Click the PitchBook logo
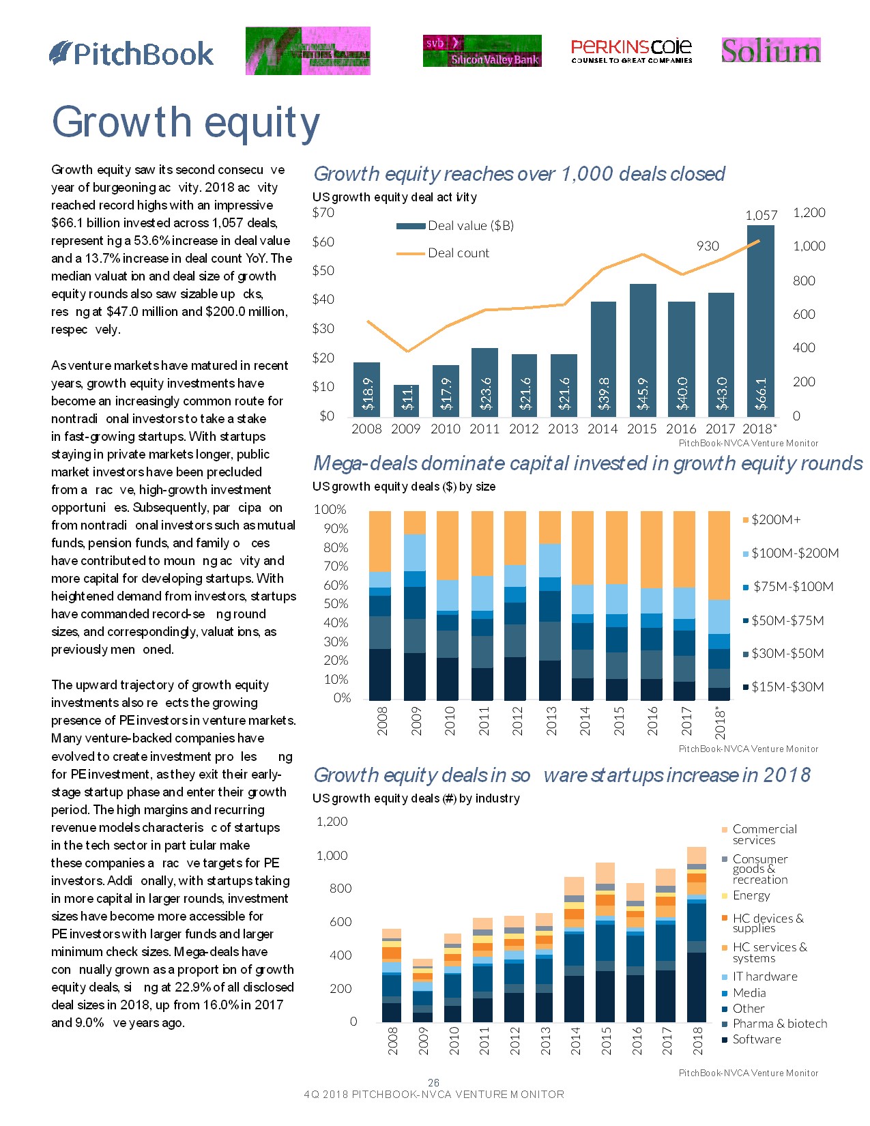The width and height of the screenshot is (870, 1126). click(131, 53)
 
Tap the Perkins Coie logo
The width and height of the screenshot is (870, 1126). click(631, 51)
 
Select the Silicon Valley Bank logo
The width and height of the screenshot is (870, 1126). click(482, 51)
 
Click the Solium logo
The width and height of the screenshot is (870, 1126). click(770, 50)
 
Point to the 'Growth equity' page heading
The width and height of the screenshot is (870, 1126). click(186, 122)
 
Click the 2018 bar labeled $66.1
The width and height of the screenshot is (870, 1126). click(761, 321)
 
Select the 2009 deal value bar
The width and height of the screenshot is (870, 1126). click(407, 401)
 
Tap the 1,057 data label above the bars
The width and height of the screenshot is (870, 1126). click(761, 216)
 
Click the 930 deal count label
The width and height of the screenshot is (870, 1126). click(708, 246)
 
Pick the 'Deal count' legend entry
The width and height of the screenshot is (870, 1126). click(458, 253)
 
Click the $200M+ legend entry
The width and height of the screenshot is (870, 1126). click(775, 520)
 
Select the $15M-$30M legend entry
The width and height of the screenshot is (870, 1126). click(787, 687)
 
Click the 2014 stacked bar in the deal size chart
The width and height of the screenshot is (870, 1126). click(583, 605)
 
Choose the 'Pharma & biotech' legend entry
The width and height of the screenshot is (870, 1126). click(779, 1024)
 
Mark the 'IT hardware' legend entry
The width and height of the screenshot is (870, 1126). click(764, 977)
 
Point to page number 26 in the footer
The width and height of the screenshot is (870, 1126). click(433, 1082)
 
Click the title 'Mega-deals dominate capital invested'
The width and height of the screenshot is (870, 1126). click(587, 464)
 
